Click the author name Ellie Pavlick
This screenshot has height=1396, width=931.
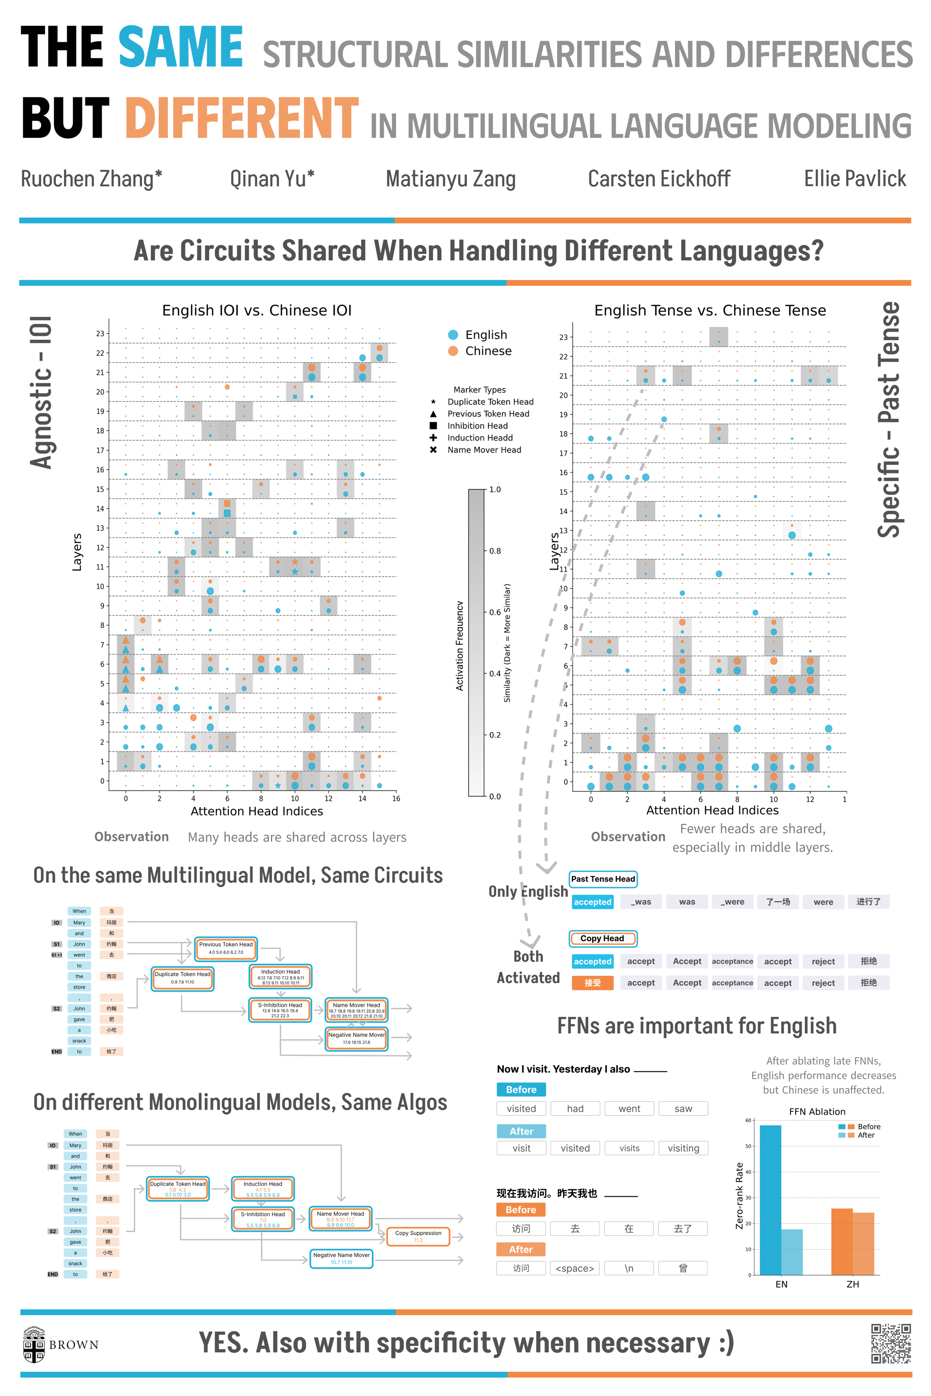[854, 179]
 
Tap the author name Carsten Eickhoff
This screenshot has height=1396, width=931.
[658, 179]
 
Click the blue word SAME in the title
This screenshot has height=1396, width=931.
[180, 48]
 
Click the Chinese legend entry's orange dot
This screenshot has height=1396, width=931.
[453, 351]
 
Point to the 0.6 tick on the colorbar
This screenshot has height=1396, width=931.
[494, 612]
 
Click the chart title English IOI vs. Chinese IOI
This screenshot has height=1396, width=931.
[257, 310]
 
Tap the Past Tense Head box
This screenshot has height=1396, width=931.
[603, 879]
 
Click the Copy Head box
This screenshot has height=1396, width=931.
[603, 938]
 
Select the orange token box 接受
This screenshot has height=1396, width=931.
[592, 983]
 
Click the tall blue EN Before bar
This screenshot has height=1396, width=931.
[770, 1200]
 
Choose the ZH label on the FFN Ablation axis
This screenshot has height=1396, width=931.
[852, 1284]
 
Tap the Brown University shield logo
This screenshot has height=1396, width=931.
[34, 1344]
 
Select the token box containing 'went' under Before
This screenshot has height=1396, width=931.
[629, 1109]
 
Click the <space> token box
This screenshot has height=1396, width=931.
[575, 1269]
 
